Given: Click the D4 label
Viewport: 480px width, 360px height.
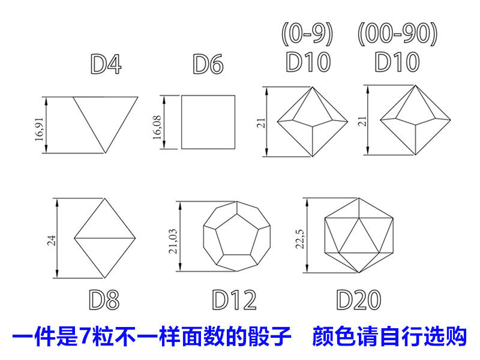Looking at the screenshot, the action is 106,64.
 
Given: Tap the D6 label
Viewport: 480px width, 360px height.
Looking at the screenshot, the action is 208,64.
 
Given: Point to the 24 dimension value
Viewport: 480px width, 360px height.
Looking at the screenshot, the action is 52,240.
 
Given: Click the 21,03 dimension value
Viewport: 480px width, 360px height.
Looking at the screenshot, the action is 172,241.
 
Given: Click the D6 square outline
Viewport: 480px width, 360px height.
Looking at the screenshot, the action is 208,122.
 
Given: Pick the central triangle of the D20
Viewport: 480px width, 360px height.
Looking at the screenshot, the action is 359,236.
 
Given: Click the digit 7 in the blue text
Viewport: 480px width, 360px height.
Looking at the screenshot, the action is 86,337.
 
